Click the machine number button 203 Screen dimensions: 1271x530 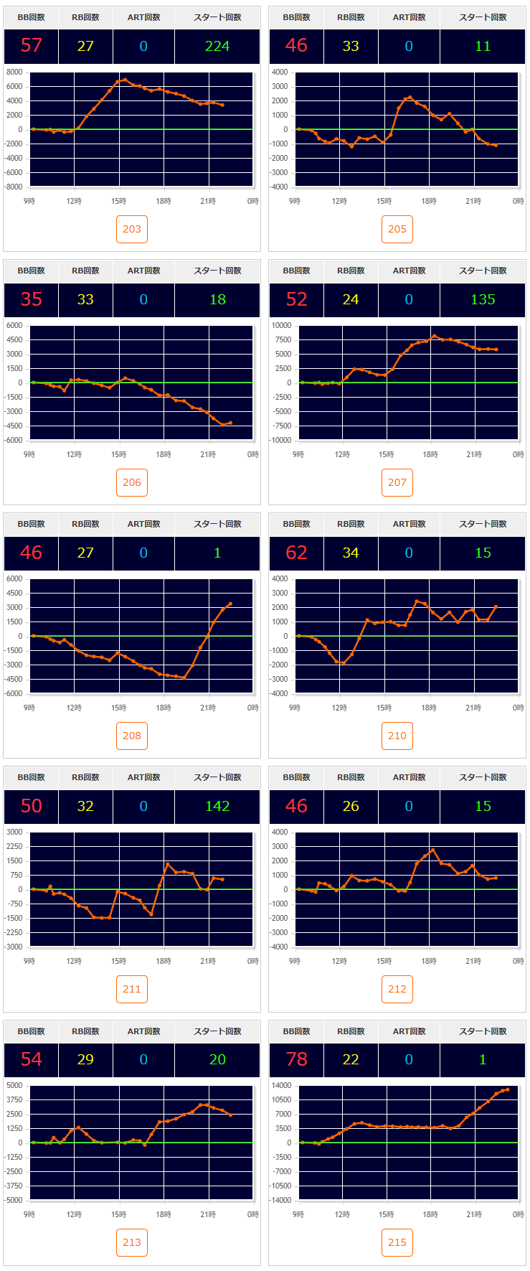pyautogui.click(x=132, y=229)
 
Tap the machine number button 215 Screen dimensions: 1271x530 pyautogui.click(x=397, y=1242)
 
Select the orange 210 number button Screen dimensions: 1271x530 pyautogui.click(x=397, y=736)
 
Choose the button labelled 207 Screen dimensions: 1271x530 pyautogui.click(x=397, y=482)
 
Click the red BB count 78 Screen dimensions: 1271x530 pyautogui.click(x=297, y=1059)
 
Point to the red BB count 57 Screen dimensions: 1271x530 pyautogui.click(x=32, y=46)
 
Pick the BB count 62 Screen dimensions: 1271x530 pyautogui.click(x=297, y=553)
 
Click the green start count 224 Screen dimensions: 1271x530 pyautogui.click(x=217, y=46)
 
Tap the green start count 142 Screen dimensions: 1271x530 pyautogui.click(x=217, y=806)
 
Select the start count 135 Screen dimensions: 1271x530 pyautogui.click(x=483, y=299)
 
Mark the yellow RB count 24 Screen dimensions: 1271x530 pyautogui.click(x=351, y=299)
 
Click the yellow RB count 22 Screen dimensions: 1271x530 pyautogui.click(x=351, y=1059)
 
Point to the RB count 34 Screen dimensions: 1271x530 pyautogui.click(x=351, y=553)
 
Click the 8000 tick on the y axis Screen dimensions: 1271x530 pyautogui.click(x=14, y=72)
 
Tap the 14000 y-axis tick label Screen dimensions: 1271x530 pyautogui.click(x=280, y=1086)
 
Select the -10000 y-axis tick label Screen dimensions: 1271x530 pyautogui.click(x=280, y=440)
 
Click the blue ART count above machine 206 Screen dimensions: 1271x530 pyautogui.click(x=143, y=299)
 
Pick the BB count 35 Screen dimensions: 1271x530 pyautogui.click(x=32, y=299)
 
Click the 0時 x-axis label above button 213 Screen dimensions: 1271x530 pyautogui.click(x=252, y=1214)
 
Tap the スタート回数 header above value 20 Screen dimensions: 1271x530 pyautogui.click(x=217, y=1031)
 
